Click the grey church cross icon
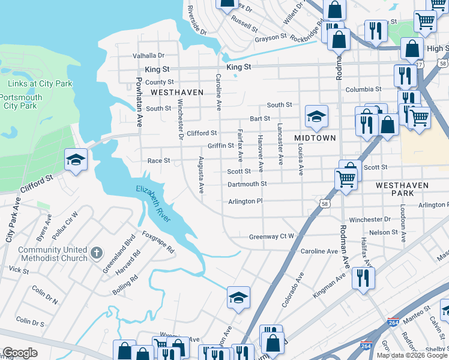pyautogui.click(x=97, y=254)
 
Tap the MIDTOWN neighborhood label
pyautogui.click(x=315, y=138)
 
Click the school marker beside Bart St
pyautogui.click(x=316, y=116)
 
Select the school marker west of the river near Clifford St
pyautogui.click(x=76, y=160)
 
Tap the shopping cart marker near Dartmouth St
pyautogui.click(x=346, y=178)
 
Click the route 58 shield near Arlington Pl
pyautogui.click(x=324, y=204)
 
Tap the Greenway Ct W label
pyautogui.click(x=271, y=237)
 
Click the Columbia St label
pyautogui.click(x=363, y=89)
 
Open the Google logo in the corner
pyautogui.click(x=20, y=353)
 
